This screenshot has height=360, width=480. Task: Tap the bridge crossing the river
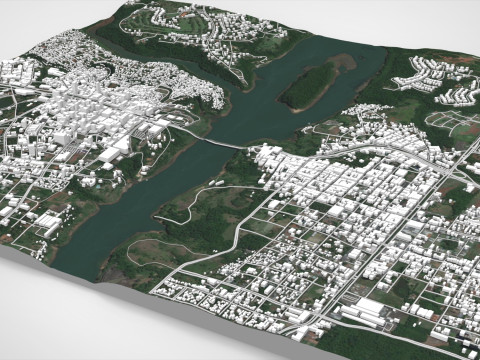coord(226,144)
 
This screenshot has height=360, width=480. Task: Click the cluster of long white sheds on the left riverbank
coord(116,150)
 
